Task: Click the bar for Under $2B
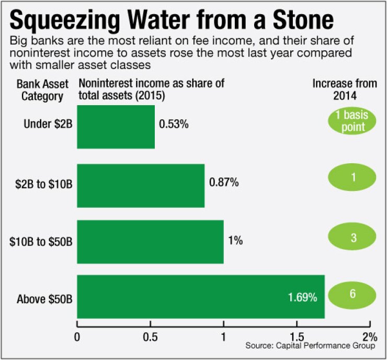point(116,127)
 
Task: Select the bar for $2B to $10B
point(141,186)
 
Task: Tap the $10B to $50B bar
point(150,241)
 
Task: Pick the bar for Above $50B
point(201,297)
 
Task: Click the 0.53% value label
point(173,126)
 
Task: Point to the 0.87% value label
point(224,183)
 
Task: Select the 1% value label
point(235,241)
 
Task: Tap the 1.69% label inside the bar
point(302,298)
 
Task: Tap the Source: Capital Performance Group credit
point(311,346)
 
